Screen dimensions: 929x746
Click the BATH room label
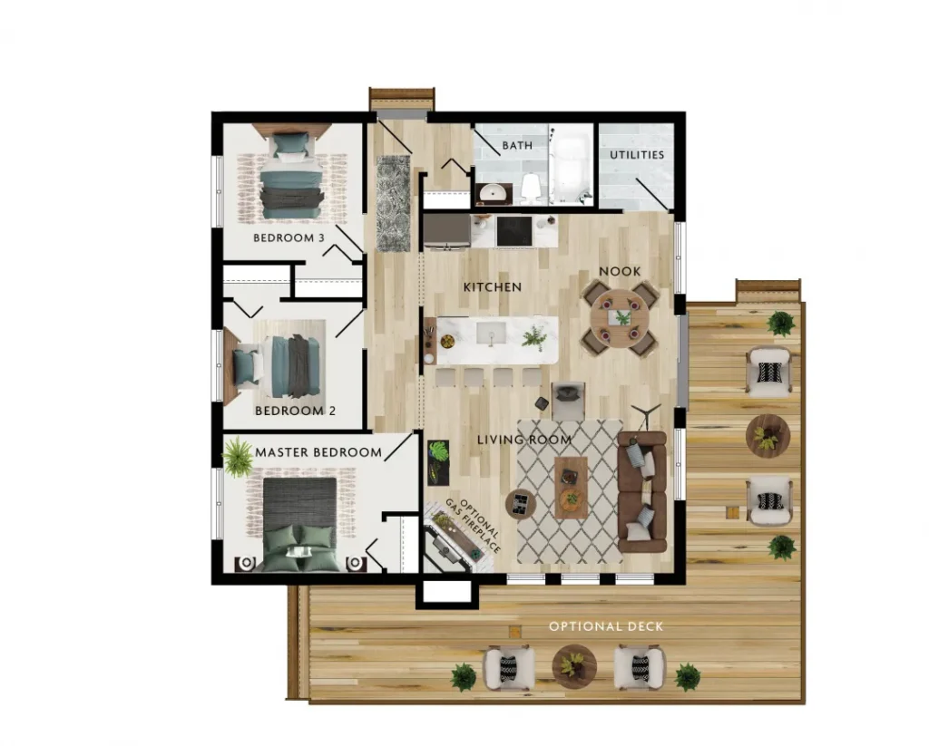pyautogui.click(x=517, y=145)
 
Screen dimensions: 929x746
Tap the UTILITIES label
pyautogui.click(x=637, y=154)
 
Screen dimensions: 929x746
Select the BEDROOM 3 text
pyautogui.click(x=288, y=238)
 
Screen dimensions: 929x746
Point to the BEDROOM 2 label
pyautogui.click(x=295, y=411)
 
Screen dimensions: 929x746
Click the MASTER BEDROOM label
pyautogui.click(x=318, y=452)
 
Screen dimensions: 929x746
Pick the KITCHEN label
pyautogui.click(x=493, y=287)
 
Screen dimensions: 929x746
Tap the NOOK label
pyautogui.click(x=620, y=271)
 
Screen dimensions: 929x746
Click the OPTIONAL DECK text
pyautogui.click(x=606, y=626)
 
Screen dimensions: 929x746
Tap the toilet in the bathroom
pyautogui.click(x=530, y=186)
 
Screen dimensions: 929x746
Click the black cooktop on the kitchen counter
pyautogui.click(x=513, y=231)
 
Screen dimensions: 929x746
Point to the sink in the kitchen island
pyautogui.click(x=491, y=334)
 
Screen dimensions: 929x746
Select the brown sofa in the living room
pyautogui.click(x=641, y=491)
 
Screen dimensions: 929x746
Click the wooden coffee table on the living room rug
pyautogui.click(x=571, y=488)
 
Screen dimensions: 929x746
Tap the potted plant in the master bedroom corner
pyautogui.click(x=238, y=457)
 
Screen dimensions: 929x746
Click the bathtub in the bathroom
pyautogui.click(x=571, y=166)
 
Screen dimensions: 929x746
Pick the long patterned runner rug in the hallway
pyautogui.click(x=394, y=202)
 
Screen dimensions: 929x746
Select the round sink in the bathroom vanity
pyautogui.click(x=491, y=192)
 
